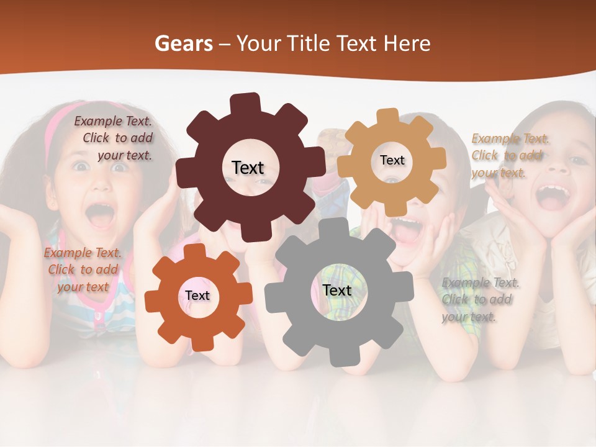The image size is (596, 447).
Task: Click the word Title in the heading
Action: [308, 43]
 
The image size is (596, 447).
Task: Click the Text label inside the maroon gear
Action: [248, 168]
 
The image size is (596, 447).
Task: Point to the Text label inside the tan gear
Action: [392, 160]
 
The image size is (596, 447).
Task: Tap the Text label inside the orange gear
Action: [197, 296]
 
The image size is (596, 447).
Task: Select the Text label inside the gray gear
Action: [336, 291]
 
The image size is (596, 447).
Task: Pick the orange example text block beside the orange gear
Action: [83, 269]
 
